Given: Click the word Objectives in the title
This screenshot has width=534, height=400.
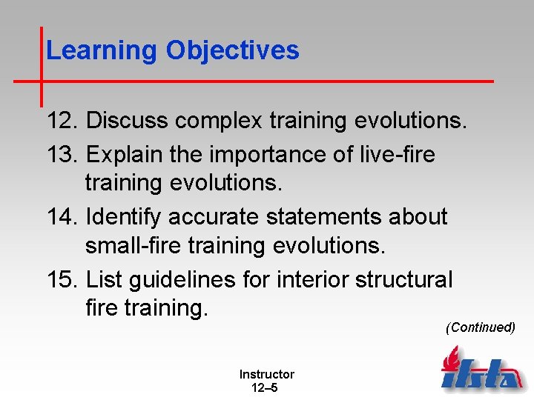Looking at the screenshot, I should pyautogui.click(x=232, y=50).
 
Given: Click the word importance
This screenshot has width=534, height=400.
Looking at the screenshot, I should pyautogui.click(x=277, y=155).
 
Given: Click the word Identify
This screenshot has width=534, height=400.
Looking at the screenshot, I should pyautogui.click(x=124, y=217).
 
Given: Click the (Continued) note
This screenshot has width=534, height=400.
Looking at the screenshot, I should pyautogui.click(x=480, y=327).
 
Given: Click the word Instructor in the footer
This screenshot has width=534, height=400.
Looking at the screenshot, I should pyautogui.click(x=266, y=375).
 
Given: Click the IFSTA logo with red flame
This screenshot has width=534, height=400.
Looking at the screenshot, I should pyautogui.click(x=481, y=370).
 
